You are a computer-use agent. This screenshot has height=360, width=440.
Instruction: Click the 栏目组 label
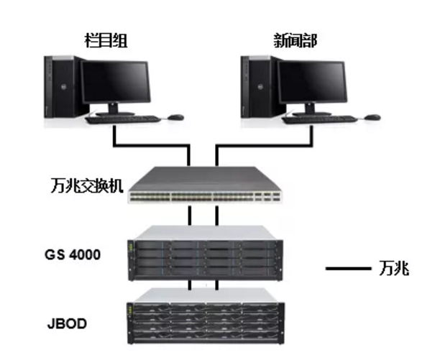tap(111, 40)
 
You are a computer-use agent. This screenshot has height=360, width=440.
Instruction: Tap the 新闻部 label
tap(295, 40)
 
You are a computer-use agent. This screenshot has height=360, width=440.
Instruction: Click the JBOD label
tap(68, 323)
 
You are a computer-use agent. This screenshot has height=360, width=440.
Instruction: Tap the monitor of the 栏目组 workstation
tap(115, 84)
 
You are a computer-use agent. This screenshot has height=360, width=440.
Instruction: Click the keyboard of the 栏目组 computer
tap(122, 119)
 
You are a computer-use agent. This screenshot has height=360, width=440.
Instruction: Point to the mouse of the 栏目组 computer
tap(175, 116)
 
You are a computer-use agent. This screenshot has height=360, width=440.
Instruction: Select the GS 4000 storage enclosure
tap(203, 254)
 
